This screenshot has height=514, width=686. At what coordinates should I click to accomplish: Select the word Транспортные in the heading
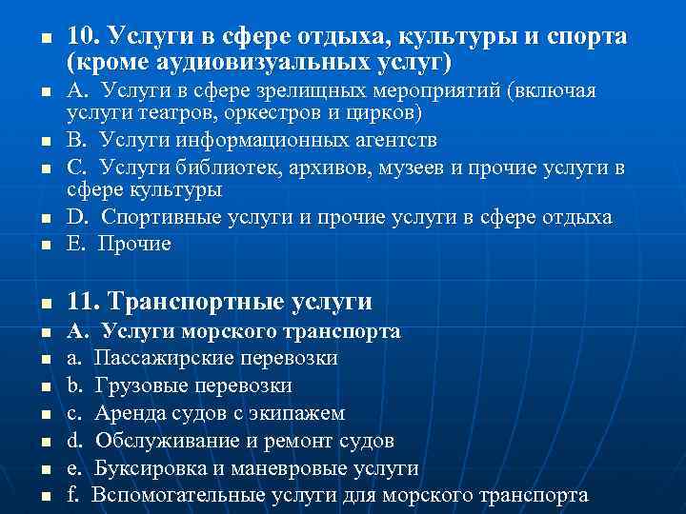click(196, 303)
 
